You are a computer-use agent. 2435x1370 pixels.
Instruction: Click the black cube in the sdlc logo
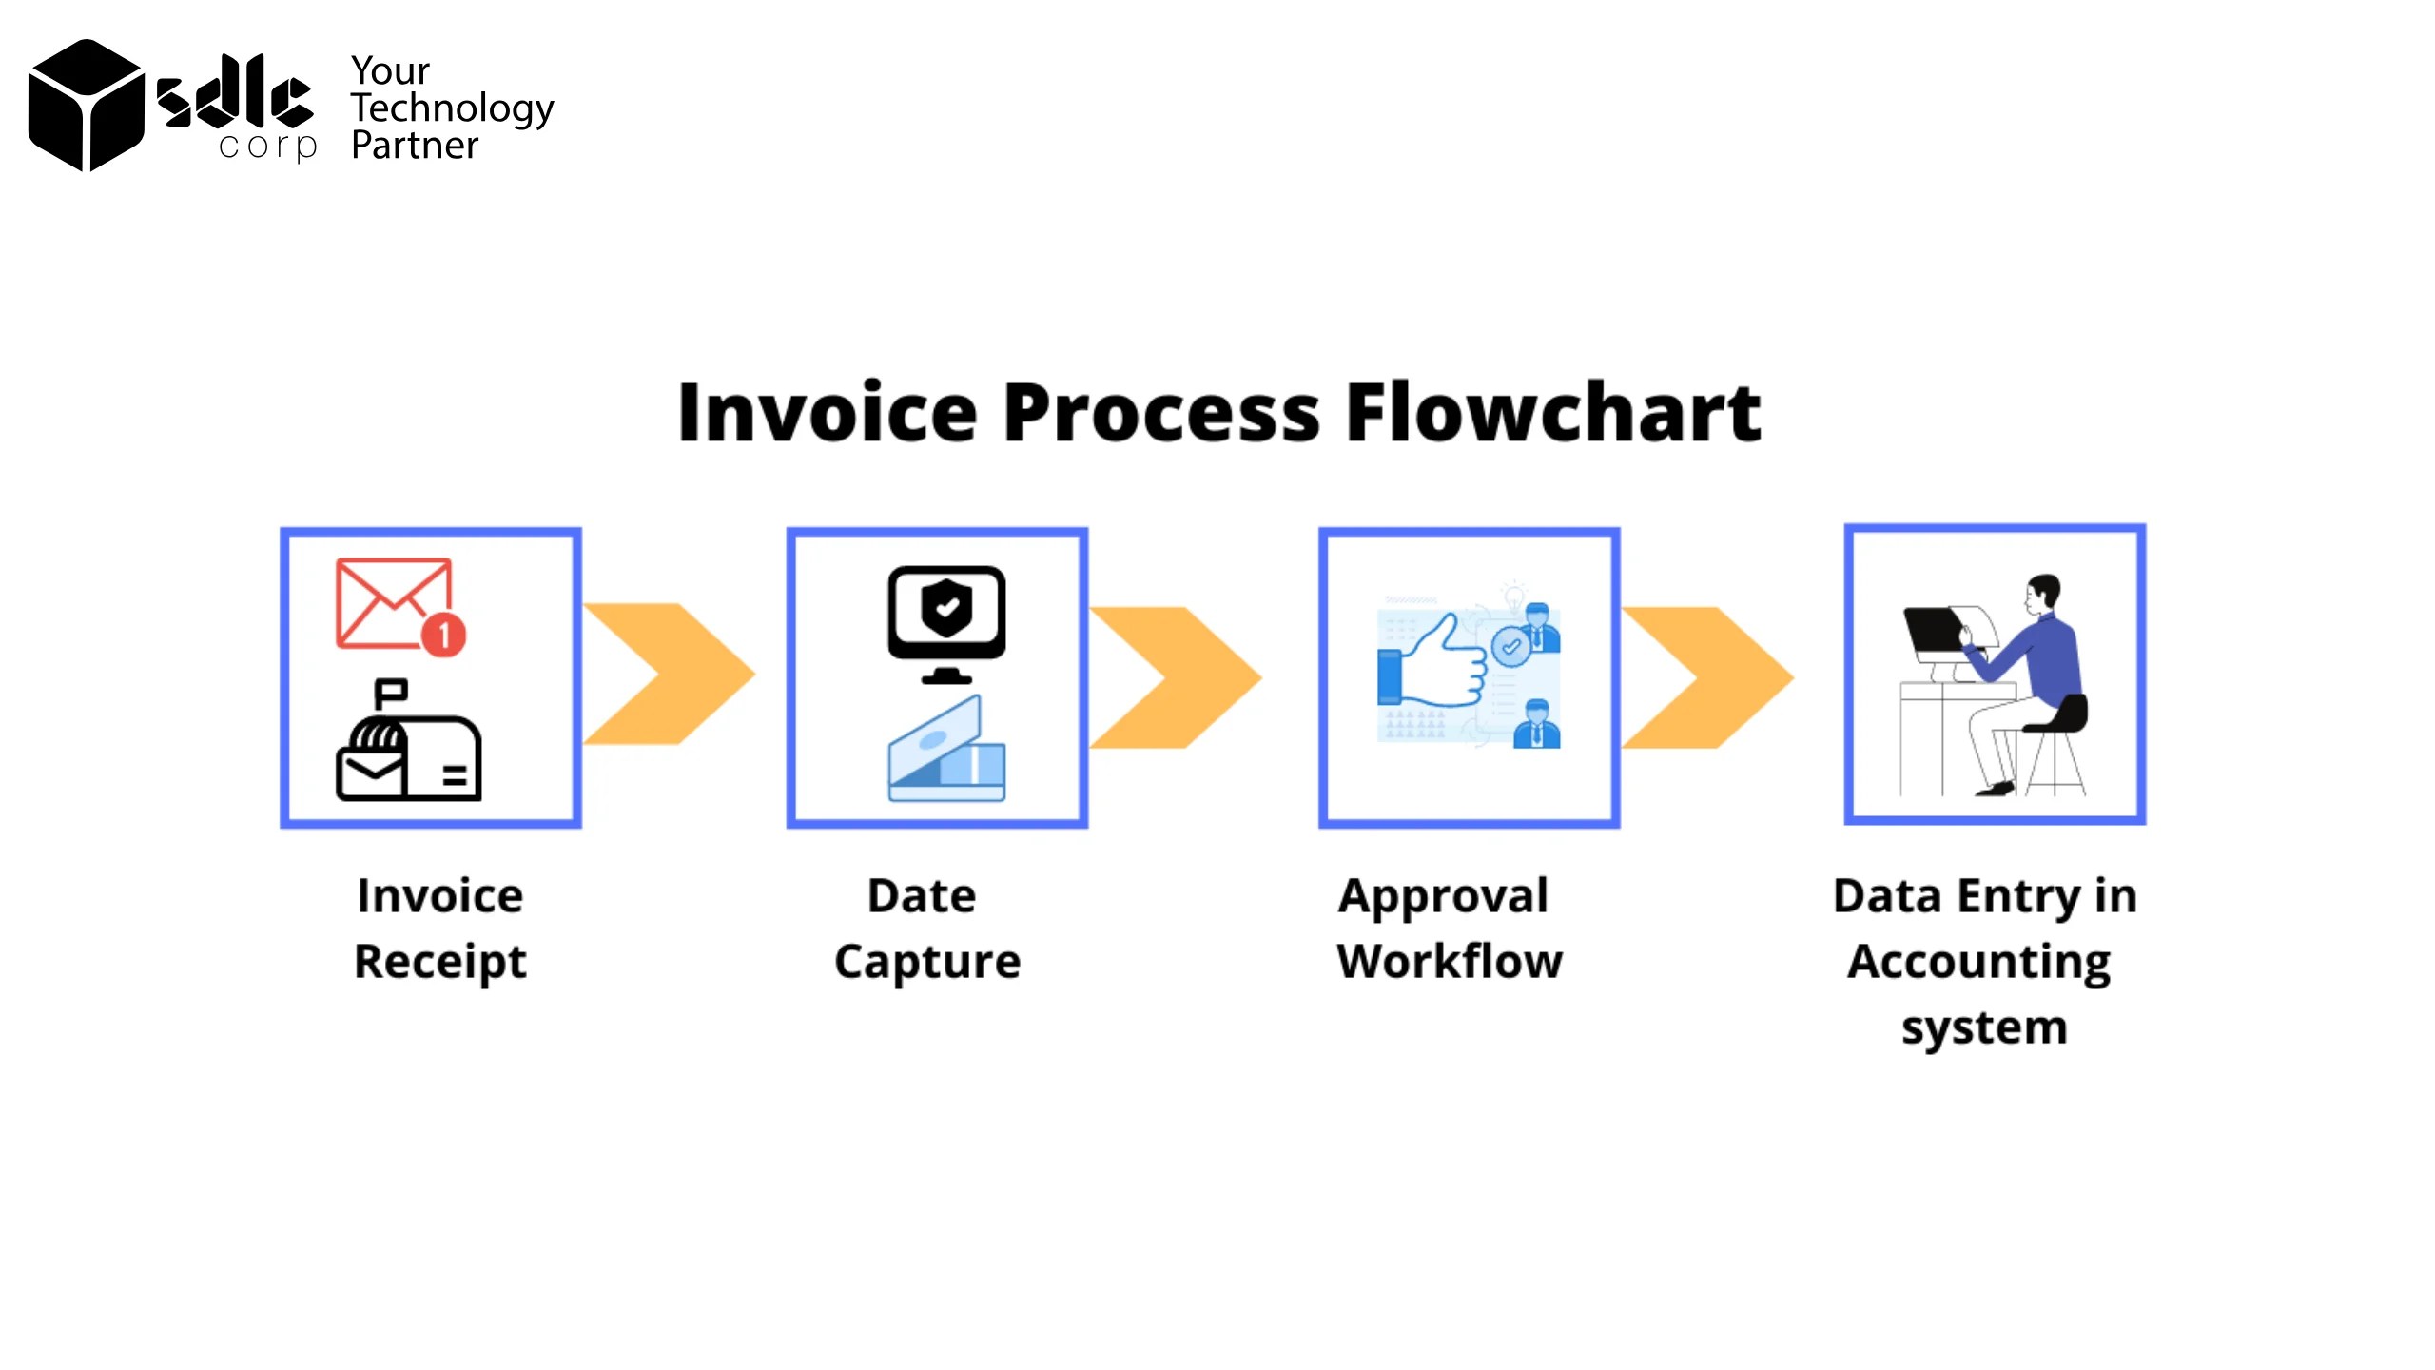(86, 106)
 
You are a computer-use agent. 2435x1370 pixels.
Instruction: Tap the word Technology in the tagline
(452, 109)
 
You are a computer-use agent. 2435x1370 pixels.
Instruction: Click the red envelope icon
(393, 601)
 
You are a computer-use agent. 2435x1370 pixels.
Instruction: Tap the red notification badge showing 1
(443, 635)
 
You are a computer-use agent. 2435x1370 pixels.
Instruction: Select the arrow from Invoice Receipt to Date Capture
(670, 674)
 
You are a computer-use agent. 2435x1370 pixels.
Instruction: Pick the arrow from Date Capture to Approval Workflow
(1177, 676)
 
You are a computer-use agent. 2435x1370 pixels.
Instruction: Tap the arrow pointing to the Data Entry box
(1708, 676)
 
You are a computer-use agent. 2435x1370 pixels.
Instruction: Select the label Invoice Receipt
(439, 928)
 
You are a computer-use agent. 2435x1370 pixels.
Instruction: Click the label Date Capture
(926, 928)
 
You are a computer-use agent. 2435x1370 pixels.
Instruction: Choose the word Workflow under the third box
(1449, 961)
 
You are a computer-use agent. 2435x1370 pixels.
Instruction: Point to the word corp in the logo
(267, 147)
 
